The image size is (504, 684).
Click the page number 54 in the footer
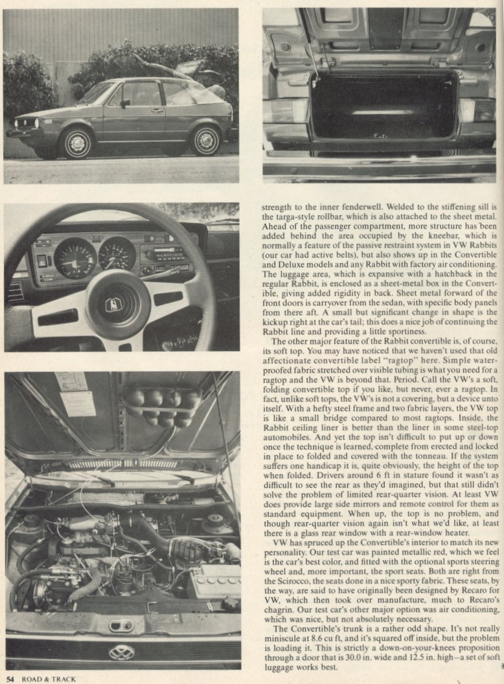point(9,679)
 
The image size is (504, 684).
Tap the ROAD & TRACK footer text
point(49,679)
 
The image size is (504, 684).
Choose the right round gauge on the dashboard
point(117,253)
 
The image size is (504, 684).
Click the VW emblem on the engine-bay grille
point(121,652)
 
